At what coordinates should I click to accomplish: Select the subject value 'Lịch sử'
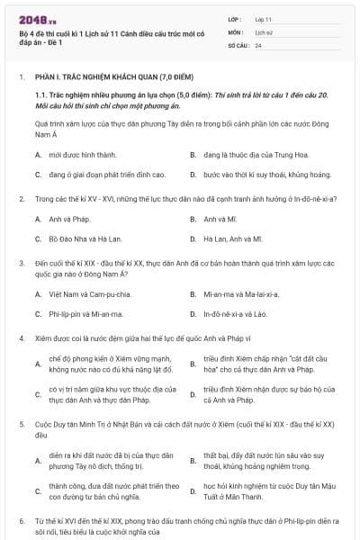pos(264,31)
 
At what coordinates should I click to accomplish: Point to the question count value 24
pos(258,44)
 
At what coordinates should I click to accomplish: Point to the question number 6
pos(21,521)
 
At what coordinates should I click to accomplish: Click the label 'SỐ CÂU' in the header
pos(238,44)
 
